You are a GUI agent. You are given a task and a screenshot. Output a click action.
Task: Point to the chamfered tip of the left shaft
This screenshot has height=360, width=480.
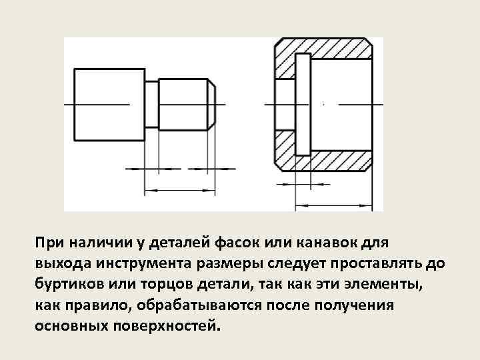click(212, 105)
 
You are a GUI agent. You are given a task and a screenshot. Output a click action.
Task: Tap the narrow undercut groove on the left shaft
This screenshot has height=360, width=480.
click(151, 105)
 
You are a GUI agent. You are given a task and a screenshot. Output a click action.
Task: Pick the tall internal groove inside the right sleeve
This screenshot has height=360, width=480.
click(301, 105)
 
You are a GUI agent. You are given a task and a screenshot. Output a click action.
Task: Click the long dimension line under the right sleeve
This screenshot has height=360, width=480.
click(333, 204)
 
